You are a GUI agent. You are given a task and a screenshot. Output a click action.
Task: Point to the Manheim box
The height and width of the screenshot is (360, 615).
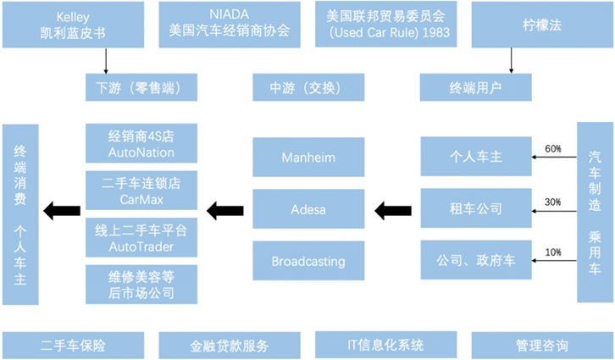308,158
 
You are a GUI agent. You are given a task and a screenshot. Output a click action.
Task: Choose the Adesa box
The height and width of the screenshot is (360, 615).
308,209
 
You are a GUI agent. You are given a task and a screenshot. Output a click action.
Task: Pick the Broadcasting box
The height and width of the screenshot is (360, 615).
308,261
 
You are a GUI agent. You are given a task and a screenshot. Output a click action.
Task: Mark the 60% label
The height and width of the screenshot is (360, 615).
553,149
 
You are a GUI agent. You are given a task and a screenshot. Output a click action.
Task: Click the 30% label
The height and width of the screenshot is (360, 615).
553,201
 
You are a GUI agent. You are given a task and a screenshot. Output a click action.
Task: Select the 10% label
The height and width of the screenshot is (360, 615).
553,252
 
